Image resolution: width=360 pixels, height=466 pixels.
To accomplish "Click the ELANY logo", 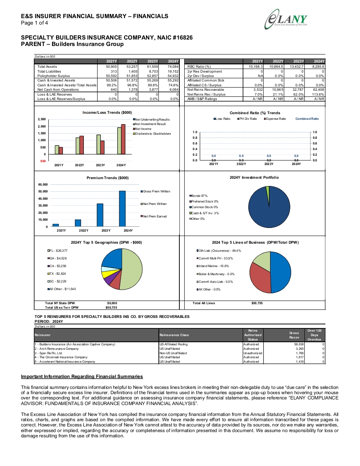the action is [286, 19].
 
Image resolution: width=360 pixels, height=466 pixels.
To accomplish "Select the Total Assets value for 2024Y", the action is [173, 67].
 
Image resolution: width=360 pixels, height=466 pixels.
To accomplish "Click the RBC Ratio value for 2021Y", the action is [256, 67].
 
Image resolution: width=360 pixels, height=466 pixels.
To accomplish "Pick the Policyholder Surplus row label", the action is [54, 76].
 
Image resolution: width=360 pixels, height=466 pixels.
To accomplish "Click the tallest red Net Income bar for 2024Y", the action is [123, 139].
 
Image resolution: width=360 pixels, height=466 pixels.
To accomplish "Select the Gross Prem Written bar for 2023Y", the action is [100, 215].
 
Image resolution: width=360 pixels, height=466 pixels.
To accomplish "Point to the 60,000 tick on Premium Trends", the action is [43, 184].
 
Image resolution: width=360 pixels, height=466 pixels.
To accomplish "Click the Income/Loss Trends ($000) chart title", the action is [107, 113].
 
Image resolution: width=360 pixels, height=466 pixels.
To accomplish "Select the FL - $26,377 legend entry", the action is [57, 251].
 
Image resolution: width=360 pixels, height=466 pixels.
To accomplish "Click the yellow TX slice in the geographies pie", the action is [106, 274].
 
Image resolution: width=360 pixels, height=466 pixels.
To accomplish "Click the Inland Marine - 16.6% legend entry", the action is [213, 266].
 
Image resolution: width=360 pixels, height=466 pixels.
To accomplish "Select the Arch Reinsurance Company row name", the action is [56, 349].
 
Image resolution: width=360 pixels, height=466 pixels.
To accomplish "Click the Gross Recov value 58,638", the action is [298, 344].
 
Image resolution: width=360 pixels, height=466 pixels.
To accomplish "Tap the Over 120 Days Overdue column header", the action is [314, 335].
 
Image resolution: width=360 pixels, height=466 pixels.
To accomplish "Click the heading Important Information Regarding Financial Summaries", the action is [82, 376].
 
